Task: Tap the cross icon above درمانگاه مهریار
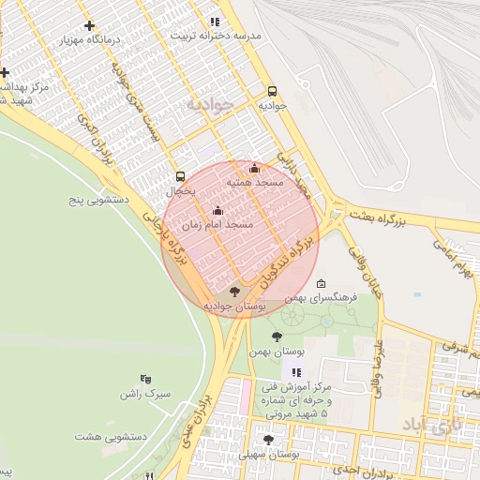point(89,25)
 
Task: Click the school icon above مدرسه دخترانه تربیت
point(215,21)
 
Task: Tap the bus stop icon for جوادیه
point(272,91)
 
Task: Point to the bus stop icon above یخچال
point(180,176)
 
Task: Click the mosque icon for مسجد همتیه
point(254,169)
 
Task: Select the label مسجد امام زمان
point(218,226)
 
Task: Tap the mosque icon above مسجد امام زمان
point(218,211)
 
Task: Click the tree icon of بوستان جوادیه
point(234,292)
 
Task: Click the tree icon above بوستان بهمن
point(277,337)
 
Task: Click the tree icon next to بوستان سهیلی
point(268,439)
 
